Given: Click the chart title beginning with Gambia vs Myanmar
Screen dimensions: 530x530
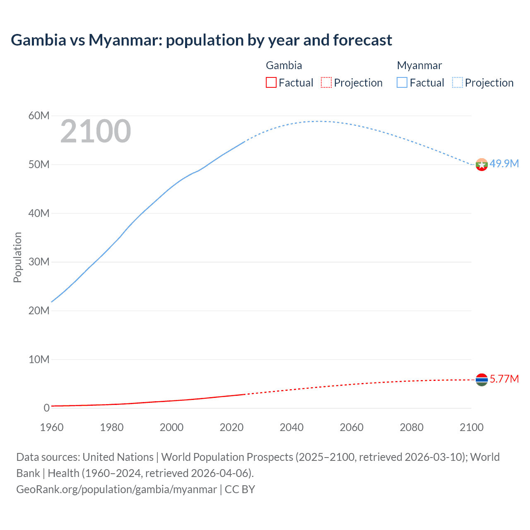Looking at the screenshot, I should [x=201, y=40].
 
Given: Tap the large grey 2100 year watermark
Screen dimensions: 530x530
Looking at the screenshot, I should [x=96, y=132].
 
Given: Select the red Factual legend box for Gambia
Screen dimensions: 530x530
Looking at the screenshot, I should [x=271, y=83].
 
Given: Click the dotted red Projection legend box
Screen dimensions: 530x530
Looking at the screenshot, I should [x=326, y=83].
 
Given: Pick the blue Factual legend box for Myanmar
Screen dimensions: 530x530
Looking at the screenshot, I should [x=402, y=83].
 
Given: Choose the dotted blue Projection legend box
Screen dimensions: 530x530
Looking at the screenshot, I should [x=458, y=83].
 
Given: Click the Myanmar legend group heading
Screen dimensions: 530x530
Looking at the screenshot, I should [x=419, y=65].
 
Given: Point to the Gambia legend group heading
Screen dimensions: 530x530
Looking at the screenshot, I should [x=284, y=65].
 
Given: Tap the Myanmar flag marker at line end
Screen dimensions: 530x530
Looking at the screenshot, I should [x=482, y=165].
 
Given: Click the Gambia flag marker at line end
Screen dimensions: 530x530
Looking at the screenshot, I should [x=482, y=380].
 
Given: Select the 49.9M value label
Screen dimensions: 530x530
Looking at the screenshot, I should [x=504, y=164].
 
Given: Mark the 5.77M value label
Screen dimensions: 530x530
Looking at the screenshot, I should [x=504, y=379].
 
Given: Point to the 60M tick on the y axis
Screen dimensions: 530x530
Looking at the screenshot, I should [x=39, y=116].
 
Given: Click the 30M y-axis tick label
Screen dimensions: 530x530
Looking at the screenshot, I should [x=39, y=262].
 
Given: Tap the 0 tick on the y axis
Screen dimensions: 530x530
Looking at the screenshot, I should [x=46, y=408].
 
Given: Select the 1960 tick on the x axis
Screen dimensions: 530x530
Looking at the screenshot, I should [x=52, y=427].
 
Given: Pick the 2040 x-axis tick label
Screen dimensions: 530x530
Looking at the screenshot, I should [x=291, y=427].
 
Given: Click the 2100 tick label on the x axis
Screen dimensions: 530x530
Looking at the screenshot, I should [x=471, y=427].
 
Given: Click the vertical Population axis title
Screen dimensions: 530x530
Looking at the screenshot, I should [x=17, y=257].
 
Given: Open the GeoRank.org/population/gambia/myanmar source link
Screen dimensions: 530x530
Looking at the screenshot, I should [x=116, y=489].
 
